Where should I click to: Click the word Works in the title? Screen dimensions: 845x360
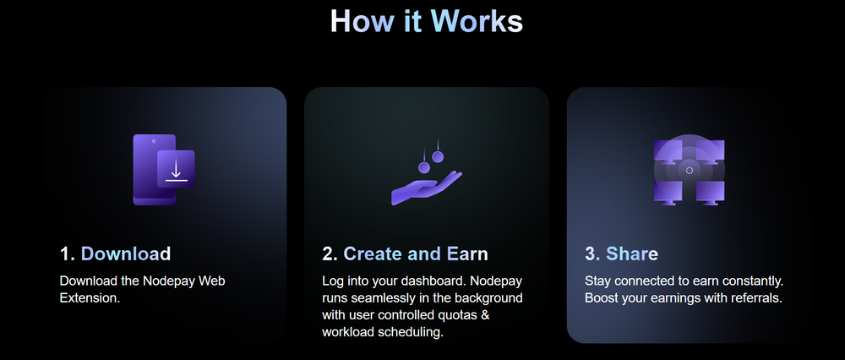point(477,22)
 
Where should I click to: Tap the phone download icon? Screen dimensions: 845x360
point(164,170)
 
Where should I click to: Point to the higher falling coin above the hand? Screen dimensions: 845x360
point(438,156)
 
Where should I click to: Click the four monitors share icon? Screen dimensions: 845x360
point(689,171)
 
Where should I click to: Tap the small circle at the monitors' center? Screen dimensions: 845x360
point(689,171)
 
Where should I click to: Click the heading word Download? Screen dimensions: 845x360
point(126,254)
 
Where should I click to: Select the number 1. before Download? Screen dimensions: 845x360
point(68,254)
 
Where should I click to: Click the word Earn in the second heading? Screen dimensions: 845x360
point(467,254)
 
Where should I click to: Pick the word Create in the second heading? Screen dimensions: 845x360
point(373,254)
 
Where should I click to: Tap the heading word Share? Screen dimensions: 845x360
point(632,254)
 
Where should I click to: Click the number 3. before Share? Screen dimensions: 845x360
point(593,254)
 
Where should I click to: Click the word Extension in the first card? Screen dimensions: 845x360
point(90,297)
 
